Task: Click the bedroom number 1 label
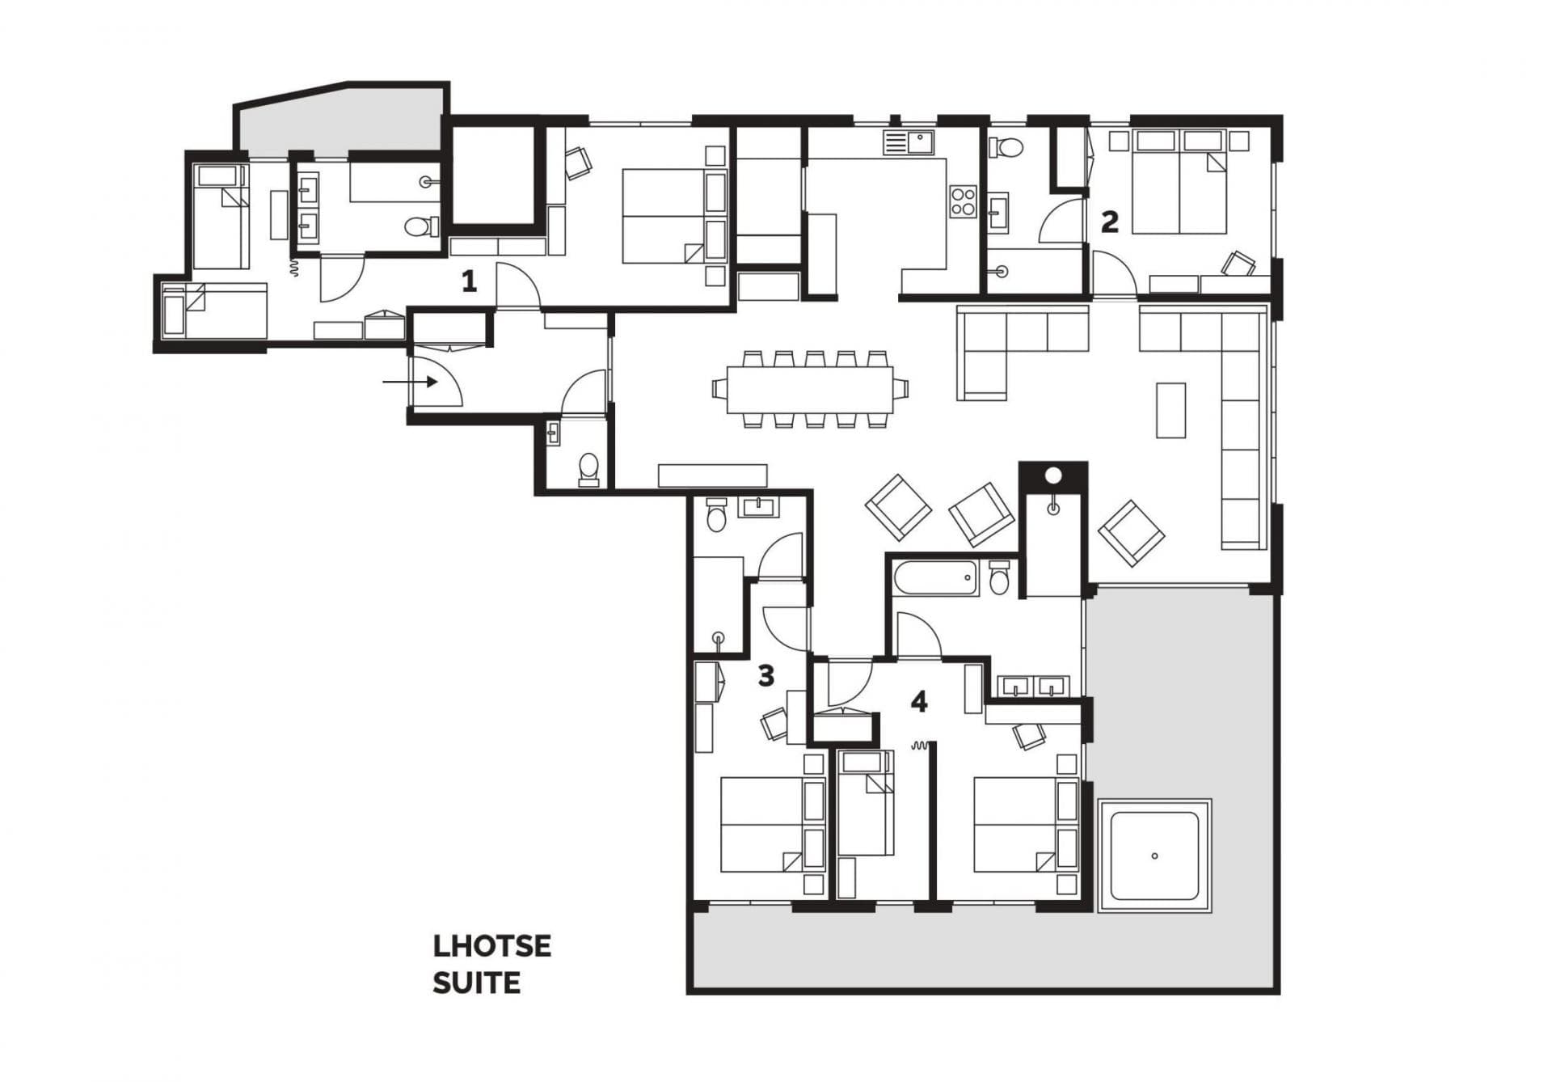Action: point(469,281)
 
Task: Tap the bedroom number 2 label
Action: point(1110,221)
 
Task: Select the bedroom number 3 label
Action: point(765,675)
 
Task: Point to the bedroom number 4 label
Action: point(918,702)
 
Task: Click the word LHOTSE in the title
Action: point(491,946)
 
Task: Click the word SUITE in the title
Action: point(476,983)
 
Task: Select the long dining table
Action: point(810,389)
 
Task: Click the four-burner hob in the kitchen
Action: point(964,201)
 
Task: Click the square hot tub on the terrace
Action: point(1154,856)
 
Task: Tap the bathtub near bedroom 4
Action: point(935,577)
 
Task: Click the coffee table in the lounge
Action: point(1170,410)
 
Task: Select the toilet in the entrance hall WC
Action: point(589,467)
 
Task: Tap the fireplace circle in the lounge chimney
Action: point(1053,475)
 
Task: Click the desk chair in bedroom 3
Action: point(774,723)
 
